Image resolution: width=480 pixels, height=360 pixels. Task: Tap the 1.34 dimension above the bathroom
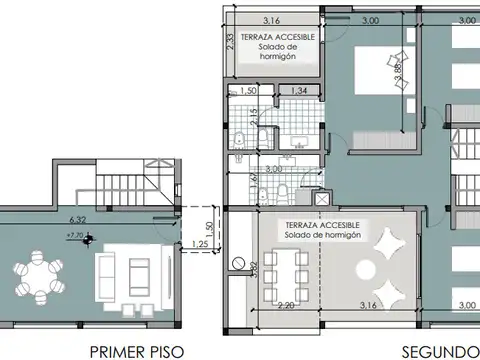pos(299,90)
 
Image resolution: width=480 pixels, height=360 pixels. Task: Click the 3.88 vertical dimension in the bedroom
pos(399,70)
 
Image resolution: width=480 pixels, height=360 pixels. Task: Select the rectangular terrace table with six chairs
pos(285,268)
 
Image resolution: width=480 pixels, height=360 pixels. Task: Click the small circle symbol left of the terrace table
pos(237,263)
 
